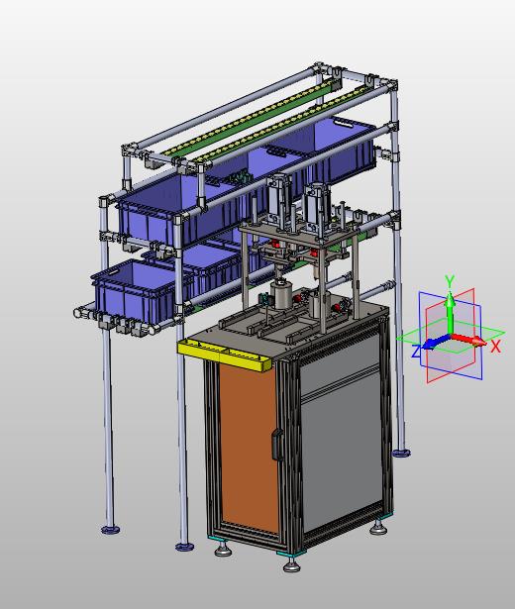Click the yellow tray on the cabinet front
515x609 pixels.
225,355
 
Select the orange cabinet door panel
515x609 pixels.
249,447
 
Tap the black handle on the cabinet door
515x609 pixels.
277,445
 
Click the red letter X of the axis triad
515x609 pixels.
495,346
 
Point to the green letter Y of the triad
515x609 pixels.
450,280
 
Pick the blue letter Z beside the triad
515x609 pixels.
416,352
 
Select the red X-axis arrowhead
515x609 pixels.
479,342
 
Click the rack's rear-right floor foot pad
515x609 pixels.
401,453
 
